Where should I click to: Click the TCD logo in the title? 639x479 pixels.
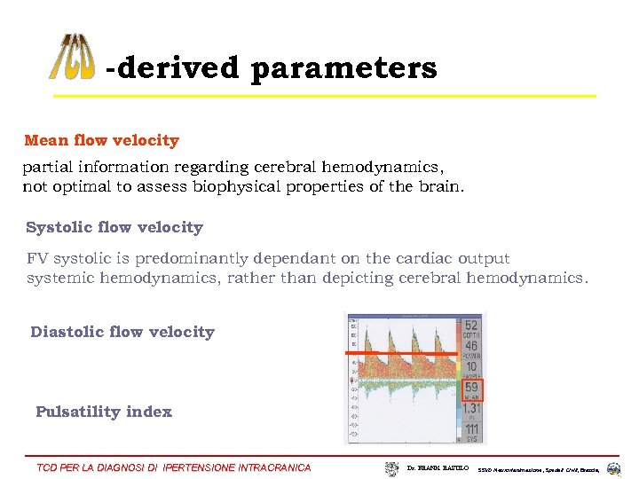pos(72,57)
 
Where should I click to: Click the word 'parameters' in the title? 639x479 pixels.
pos(343,68)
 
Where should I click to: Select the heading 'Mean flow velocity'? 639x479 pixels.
pos(101,140)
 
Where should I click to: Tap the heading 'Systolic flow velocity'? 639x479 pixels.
pos(114,227)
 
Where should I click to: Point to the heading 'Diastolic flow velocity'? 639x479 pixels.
pos(122,332)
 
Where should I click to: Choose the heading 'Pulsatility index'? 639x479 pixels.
pos(104,412)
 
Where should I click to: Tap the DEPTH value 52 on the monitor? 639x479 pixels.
pos(470,326)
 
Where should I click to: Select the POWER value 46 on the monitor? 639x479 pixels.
pos(470,347)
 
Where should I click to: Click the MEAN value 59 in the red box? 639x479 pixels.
pos(470,388)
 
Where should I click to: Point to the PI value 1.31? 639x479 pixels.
pos(470,408)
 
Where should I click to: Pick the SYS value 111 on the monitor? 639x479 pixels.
pos(470,429)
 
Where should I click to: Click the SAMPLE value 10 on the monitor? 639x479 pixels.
pos(470,367)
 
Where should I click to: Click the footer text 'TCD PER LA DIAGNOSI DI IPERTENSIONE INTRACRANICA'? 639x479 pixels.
pos(174,467)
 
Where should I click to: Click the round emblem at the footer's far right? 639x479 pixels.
pos(614,467)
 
